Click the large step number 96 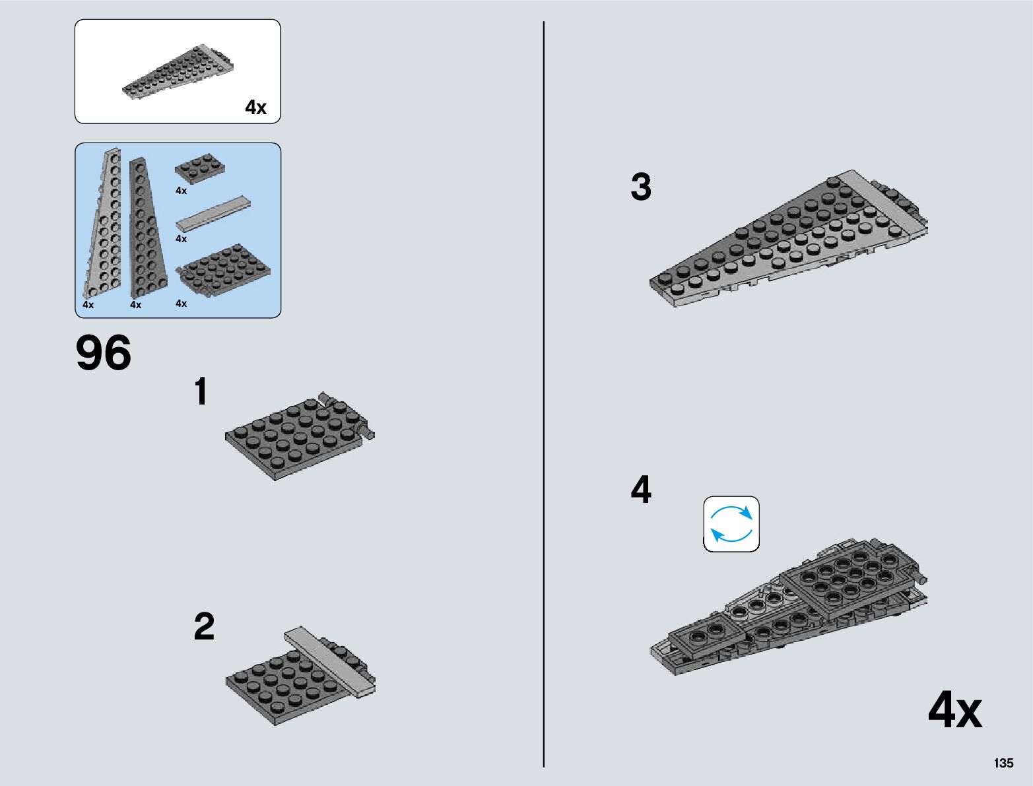click(104, 353)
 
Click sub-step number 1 click(201, 391)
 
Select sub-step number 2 click(204, 626)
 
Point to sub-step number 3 click(641, 187)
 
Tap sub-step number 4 click(641, 490)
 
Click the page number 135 click(1003, 763)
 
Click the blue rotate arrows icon click(731, 524)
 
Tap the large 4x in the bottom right click(954, 711)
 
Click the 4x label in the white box click(256, 108)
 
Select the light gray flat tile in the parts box click(213, 213)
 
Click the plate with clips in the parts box click(222, 269)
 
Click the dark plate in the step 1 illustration click(294, 436)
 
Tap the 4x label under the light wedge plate click(88, 305)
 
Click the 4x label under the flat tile click(182, 239)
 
